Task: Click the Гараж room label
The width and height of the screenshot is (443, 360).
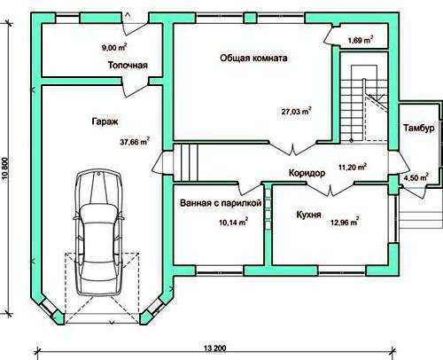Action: point(105,121)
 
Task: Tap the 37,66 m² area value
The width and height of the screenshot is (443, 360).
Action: point(135,141)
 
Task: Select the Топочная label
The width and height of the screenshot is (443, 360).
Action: point(128,65)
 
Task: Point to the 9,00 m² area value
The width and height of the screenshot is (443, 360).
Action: point(114,47)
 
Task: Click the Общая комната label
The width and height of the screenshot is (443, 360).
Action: point(253,58)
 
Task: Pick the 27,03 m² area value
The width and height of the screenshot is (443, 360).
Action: point(296,112)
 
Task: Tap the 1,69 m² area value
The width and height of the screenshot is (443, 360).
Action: point(361,40)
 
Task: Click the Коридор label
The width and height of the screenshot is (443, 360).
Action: point(307,173)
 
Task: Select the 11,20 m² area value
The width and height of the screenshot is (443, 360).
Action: point(353,167)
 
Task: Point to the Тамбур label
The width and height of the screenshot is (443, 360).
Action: point(419,129)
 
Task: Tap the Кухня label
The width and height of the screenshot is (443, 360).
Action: point(308,215)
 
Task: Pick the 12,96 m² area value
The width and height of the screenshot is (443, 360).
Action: point(345,222)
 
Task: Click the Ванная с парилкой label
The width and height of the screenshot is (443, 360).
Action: point(221,203)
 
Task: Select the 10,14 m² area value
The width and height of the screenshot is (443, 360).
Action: point(233,222)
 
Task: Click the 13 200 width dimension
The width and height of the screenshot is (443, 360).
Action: point(214,348)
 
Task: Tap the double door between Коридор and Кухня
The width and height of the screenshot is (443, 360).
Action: point(330,189)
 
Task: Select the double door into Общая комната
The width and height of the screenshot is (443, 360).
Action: point(293,147)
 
